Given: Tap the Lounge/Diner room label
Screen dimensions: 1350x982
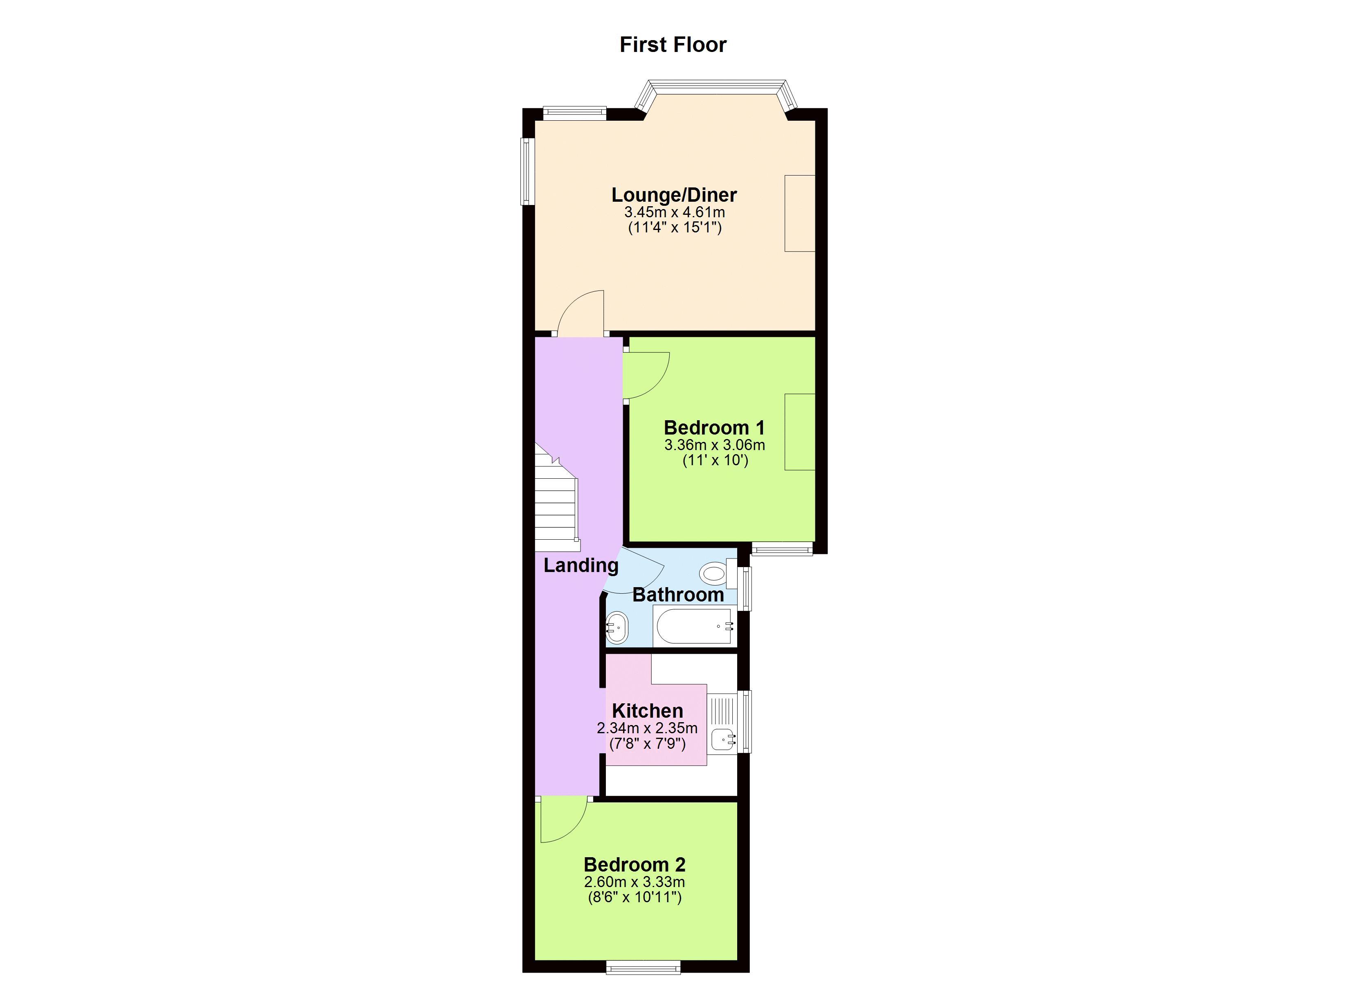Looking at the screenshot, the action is coord(675,195).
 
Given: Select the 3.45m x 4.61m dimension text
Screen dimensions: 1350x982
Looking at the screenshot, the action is coord(675,212).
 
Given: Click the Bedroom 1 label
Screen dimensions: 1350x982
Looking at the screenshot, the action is coord(714,428).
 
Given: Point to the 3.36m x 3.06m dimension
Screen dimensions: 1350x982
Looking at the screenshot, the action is coord(715,445).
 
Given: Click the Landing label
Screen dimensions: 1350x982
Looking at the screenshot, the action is coord(581,565).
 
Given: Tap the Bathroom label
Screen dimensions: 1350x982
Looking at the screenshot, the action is coord(678,595).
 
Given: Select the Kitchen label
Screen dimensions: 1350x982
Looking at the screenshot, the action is coord(648,710).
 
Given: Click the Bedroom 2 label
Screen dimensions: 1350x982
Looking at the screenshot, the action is coord(634,864).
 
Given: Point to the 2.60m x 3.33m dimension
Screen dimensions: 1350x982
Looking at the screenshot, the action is coord(634,882).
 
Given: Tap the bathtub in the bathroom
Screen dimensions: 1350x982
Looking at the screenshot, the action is coord(693,626).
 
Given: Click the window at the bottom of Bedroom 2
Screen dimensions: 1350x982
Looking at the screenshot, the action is coord(643,967).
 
